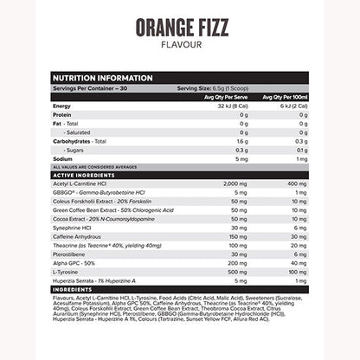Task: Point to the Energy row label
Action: tap(62, 106)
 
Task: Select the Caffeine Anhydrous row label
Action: tap(80, 235)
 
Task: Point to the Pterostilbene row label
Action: tap(72, 256)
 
